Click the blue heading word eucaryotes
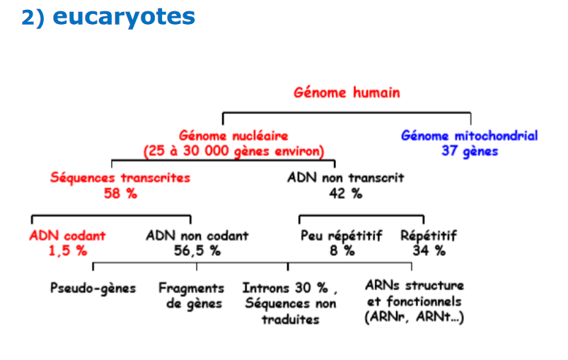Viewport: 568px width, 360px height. tap(124, 17)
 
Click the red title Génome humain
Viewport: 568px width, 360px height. tap(347, 93)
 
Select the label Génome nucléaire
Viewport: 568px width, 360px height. tap(233, 136)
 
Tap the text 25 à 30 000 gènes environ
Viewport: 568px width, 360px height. tap(233, 151)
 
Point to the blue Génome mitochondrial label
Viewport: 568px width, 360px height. tap(470, 136)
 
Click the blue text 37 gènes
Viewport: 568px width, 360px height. tap(470, 151)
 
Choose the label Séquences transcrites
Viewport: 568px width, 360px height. tap(120, 178)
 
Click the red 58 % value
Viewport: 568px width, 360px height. tap(121, 193)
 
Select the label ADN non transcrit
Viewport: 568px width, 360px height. tap(346, 178)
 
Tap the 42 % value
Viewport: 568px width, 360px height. tap(346, 193)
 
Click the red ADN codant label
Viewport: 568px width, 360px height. tap(67, 236)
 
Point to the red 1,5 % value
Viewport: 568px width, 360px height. tap(68, 250)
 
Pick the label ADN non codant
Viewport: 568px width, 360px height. tap(197, 236)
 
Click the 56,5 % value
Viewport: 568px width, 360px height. tap(197, 250)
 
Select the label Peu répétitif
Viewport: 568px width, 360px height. tap(342, 236)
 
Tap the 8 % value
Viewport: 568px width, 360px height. tap(342, 250)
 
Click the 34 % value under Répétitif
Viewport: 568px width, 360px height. tap(429, 250)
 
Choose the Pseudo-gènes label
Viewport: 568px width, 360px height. tap(93, 289)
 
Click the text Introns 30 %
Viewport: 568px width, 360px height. tap(286, 289)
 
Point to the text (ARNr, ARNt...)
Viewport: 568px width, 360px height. tap(415, 317)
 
